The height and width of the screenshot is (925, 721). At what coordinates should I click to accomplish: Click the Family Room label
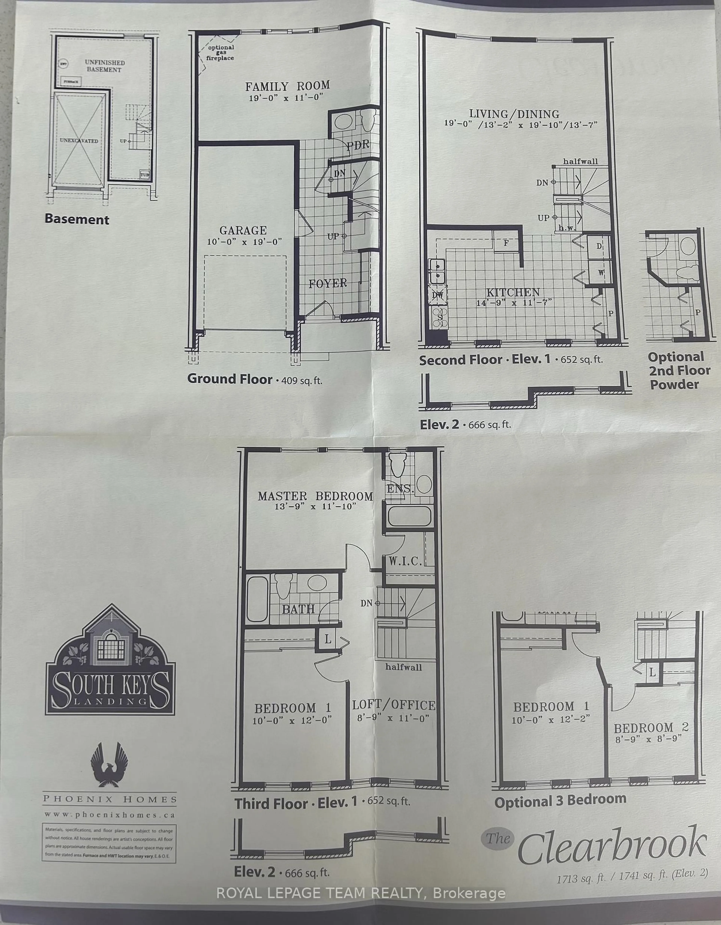pyautogui.click(x=287, y=86)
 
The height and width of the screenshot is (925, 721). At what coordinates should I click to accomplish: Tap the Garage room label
pyautogui.click(x=243, y=230)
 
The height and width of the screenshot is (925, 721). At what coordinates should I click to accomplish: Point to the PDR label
pyautogui.click(x=358, y=145)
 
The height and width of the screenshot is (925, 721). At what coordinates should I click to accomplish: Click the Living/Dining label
pyautogui.click(x=514, y=114)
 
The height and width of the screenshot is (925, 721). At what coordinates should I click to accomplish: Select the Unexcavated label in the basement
pyautogui.click(x=79, y=141)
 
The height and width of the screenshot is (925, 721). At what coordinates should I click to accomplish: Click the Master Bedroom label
pyautogui.click(x=315, y=496)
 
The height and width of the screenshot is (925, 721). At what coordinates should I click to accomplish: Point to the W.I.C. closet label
pyautogui.click(x=405, y=562)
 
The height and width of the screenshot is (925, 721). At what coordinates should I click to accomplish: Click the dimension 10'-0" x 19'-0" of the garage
pyautogui.click(x=244, y=242)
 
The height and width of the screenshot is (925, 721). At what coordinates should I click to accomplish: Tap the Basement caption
pyautogui.click(x=77, y=219)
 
